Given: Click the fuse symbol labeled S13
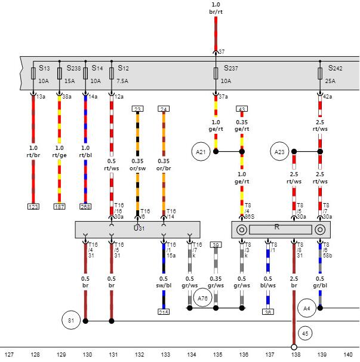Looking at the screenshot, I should click(x=33, y=73).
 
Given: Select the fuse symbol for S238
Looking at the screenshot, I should click(x=59, y=73).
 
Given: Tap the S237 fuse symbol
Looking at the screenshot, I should click(x=216, y=73).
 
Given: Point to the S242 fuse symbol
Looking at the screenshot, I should click(x=321, y=73).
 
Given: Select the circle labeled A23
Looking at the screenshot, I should click(x=279, y=152).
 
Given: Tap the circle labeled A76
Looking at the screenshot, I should click(x=203, y=298).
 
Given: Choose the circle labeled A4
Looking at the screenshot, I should click(x=307, y=308).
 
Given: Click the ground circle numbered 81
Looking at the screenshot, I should click(x=70, y=321).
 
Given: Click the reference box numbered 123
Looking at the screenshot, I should click(x=33, y=207).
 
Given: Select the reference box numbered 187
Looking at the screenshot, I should click(x=59, y=207).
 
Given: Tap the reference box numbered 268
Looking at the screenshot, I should click(x=85, y=207).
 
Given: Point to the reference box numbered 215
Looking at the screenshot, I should click(x=164, y=312).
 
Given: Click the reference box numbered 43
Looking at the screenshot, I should click(x=242, y=109).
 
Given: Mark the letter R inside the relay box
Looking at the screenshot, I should click(x=276, y=227).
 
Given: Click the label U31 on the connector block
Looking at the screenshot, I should click(x=139, y=228).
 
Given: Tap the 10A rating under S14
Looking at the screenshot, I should click(x=96, y=81).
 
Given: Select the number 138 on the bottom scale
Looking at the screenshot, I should click(x=296, y=355).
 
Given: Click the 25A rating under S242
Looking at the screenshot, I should click(x=330, y=81).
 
